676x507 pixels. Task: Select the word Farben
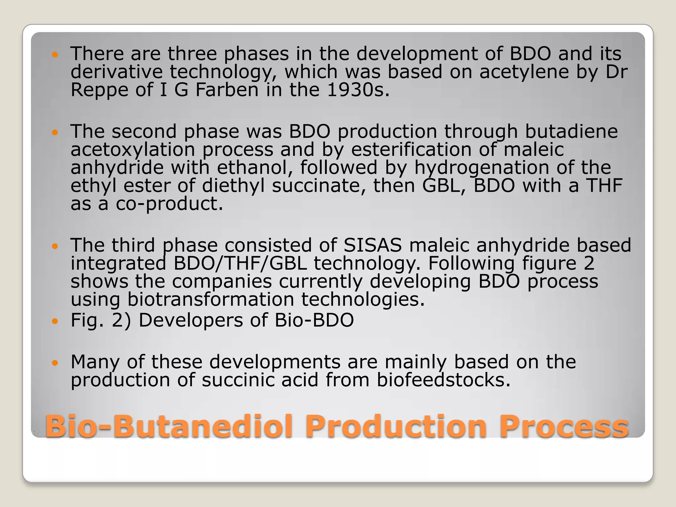[x=227, y=90]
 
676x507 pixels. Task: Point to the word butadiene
[x=571, y=131]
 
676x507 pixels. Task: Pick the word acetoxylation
[x=133, y=150]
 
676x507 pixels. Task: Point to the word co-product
[x=169, y=204]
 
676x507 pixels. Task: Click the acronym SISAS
[x=373, y=245]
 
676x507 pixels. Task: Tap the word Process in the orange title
[x=563, y=426]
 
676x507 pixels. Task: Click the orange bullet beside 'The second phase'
[x=55, y=133]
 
